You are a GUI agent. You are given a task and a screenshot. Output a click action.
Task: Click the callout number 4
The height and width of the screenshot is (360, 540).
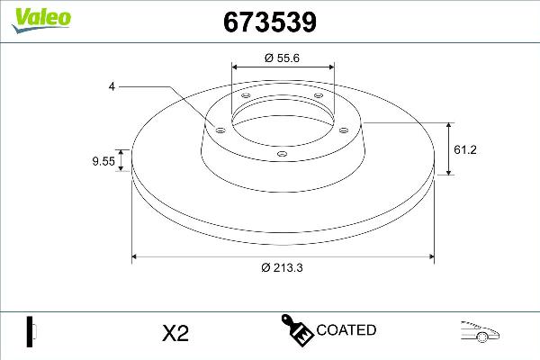[112, 86]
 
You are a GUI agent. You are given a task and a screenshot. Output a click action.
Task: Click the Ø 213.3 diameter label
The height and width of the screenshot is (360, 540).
[283, 268]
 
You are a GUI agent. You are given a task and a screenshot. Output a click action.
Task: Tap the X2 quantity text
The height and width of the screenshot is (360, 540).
[174, 333]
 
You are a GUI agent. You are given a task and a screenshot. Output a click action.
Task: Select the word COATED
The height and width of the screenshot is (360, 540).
[346, 330]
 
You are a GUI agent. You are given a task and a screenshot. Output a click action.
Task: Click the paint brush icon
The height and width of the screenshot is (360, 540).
[296, 330]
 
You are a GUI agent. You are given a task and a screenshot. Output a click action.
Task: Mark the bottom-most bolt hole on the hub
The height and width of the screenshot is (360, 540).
[281, 155]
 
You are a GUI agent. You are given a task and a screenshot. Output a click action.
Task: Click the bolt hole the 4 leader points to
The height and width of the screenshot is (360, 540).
[219, 129]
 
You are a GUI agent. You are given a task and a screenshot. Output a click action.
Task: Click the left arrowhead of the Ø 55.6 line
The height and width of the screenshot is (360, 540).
[235, 67]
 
